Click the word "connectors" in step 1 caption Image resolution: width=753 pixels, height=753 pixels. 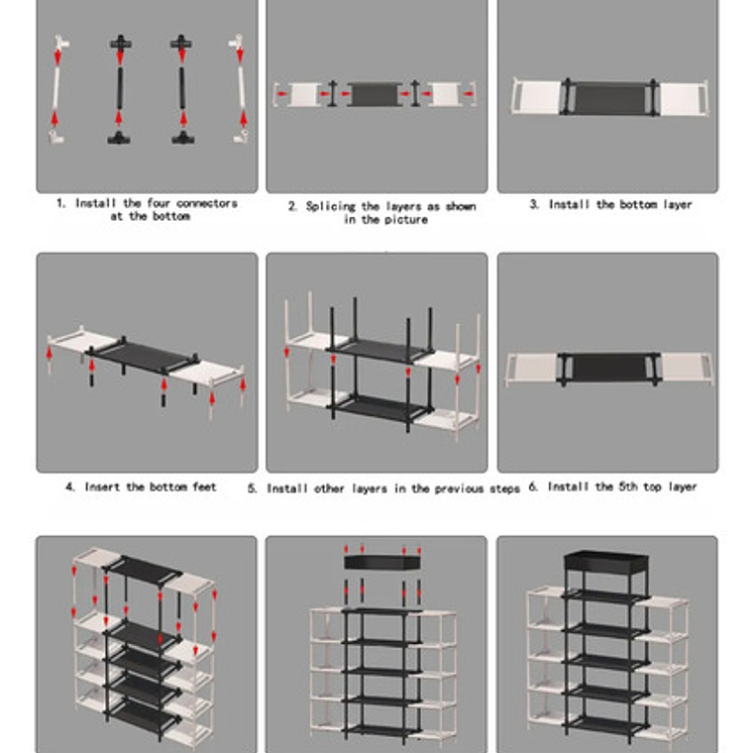point(206,204)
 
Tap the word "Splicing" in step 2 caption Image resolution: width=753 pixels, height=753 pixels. point(330,206)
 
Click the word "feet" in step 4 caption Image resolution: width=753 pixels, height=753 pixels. point(204,486)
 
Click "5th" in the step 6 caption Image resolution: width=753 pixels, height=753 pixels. point(628,486)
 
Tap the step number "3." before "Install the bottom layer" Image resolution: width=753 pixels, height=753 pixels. point(534,204)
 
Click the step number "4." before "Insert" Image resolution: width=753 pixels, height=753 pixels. point(70,486)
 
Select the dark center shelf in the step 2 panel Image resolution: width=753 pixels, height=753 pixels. point(375,94)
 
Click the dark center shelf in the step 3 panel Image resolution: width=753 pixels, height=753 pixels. point(609,97)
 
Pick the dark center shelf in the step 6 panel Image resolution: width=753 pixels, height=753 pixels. point(608,369)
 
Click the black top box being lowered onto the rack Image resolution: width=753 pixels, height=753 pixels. point(382,562)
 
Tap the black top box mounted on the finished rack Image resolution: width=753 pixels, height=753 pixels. point(606,562)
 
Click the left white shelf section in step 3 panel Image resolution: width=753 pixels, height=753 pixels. point(536,97)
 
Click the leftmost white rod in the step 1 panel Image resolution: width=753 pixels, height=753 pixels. point(55,88)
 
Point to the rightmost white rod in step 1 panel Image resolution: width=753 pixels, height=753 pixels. point(241,88)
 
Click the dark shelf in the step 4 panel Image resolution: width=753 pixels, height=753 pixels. point(142,357)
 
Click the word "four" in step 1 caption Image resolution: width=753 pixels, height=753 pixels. point(158,203)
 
